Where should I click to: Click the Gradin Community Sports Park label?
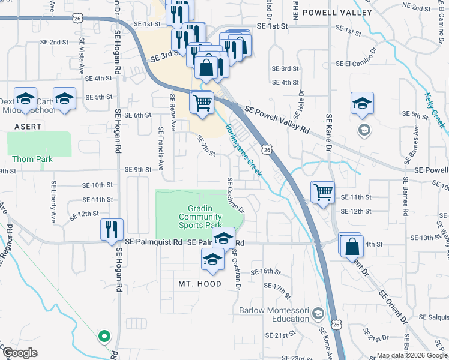tap(200, 216)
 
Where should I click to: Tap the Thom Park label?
tap(32, 159)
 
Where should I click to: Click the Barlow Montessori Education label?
tap(273, 314)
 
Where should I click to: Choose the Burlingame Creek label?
tap(243, 150)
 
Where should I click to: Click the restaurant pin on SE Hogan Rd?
tap(112, 229)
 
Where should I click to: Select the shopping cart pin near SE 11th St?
tap(323, 193)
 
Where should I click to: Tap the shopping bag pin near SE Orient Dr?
tap(351, 245)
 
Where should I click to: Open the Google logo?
tap(20, 353)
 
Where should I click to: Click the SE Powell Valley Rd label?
tap(277, 119)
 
